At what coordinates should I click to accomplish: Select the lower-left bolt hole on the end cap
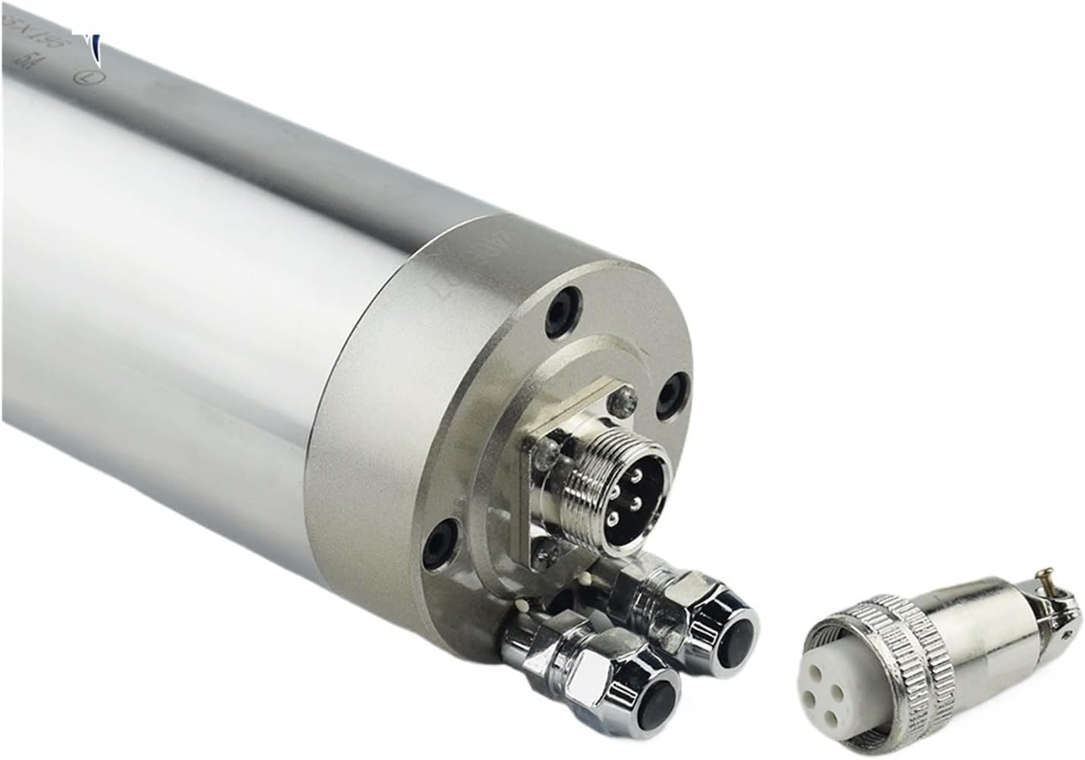tap(440, 542)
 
